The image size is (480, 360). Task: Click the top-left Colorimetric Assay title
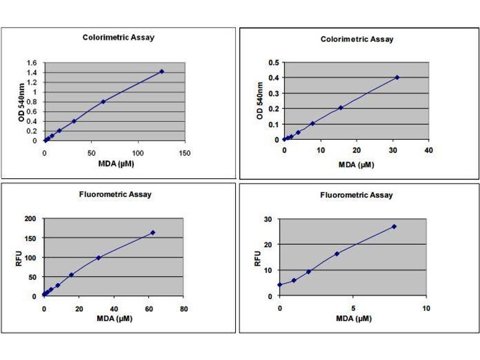coord(118,37)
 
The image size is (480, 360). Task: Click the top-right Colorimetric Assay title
coord(357,40)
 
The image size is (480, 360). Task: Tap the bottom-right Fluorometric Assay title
coord(356,195)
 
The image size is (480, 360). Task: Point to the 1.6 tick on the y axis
coord(32,62)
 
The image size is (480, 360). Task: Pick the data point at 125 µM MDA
coord(161,71)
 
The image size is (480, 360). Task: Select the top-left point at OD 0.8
coord(103,101)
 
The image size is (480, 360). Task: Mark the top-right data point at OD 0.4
coord(397,77)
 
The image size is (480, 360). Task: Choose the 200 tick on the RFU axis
coord(31,219)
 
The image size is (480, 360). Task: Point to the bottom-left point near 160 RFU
coord(152,232)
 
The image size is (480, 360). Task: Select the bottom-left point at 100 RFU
coord(98,257)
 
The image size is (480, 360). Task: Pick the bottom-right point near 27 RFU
coord(394,226)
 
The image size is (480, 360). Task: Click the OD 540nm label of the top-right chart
coord(260,101)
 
